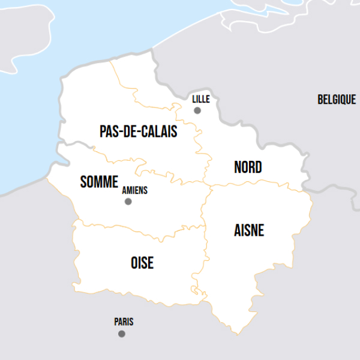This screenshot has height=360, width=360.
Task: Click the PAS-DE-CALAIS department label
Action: click(x=138, y=131)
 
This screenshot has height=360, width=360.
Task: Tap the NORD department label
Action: click(x=248, y=167)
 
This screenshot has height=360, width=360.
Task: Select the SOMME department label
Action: click(x=99, y=182)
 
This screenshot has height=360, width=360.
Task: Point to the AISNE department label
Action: click(x=249, y=230)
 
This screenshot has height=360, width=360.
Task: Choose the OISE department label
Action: click(x=142, y=262)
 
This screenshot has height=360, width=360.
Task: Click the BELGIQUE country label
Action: click(x=337, y=100)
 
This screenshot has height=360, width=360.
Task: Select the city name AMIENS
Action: click(x=134, y=190)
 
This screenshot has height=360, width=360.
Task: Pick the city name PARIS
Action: click(x=124, y=322)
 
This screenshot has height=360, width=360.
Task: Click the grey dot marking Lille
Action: click(x=197, y=110)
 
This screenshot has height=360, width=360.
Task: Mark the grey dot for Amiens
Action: click(x=128, y=202)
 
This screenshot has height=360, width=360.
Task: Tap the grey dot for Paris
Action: click(x=122, y=334)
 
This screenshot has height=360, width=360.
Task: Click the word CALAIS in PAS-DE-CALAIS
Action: click(x=158, y=131)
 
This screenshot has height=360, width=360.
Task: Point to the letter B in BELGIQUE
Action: click(x=320, y=100)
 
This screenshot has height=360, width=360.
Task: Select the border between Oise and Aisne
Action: click(x=201, y=252)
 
